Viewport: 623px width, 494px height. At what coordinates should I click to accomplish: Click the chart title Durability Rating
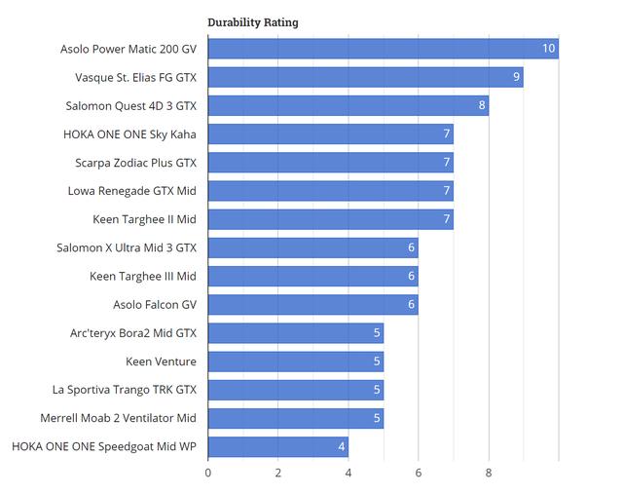click(x=252, y=22)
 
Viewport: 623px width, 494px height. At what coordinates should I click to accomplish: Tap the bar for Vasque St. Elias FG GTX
click(x=365, y=77)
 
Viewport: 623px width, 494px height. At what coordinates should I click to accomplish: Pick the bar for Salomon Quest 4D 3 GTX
click(x=348, y=105)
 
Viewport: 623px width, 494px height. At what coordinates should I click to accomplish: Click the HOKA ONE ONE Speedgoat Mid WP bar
click(x=277, y=447)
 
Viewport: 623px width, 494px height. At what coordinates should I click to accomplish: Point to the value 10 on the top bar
click(x=549, y=49)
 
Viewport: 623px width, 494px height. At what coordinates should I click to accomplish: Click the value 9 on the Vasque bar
click(x=516, y=77)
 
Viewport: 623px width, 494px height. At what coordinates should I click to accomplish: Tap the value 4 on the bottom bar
click(x=341, y=447)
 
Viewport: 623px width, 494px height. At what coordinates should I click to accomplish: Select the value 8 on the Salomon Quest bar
click(x=481, y=105)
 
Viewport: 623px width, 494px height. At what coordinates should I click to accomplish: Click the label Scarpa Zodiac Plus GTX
click(x=135, y=163)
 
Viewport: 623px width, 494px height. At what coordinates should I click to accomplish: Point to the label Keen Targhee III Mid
click(x=142, y=277)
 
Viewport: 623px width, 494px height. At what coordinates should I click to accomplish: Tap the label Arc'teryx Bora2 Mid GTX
click(x=132, y=333)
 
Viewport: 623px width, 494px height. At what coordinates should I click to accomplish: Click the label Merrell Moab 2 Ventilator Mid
click(x=118, y=418)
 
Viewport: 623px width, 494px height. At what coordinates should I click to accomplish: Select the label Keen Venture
click(x=161, y=361)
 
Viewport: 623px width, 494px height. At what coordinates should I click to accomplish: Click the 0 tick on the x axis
click(x=208, y=474)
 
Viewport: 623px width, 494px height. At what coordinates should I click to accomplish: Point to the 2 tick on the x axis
click(x=278, y=474)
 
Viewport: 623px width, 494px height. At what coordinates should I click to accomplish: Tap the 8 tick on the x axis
click(x=489, y=474)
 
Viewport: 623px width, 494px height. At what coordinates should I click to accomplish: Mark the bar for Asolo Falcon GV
click(x=312, y=305)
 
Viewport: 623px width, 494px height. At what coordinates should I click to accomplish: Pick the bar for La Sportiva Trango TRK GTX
click(x=295, y=390)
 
